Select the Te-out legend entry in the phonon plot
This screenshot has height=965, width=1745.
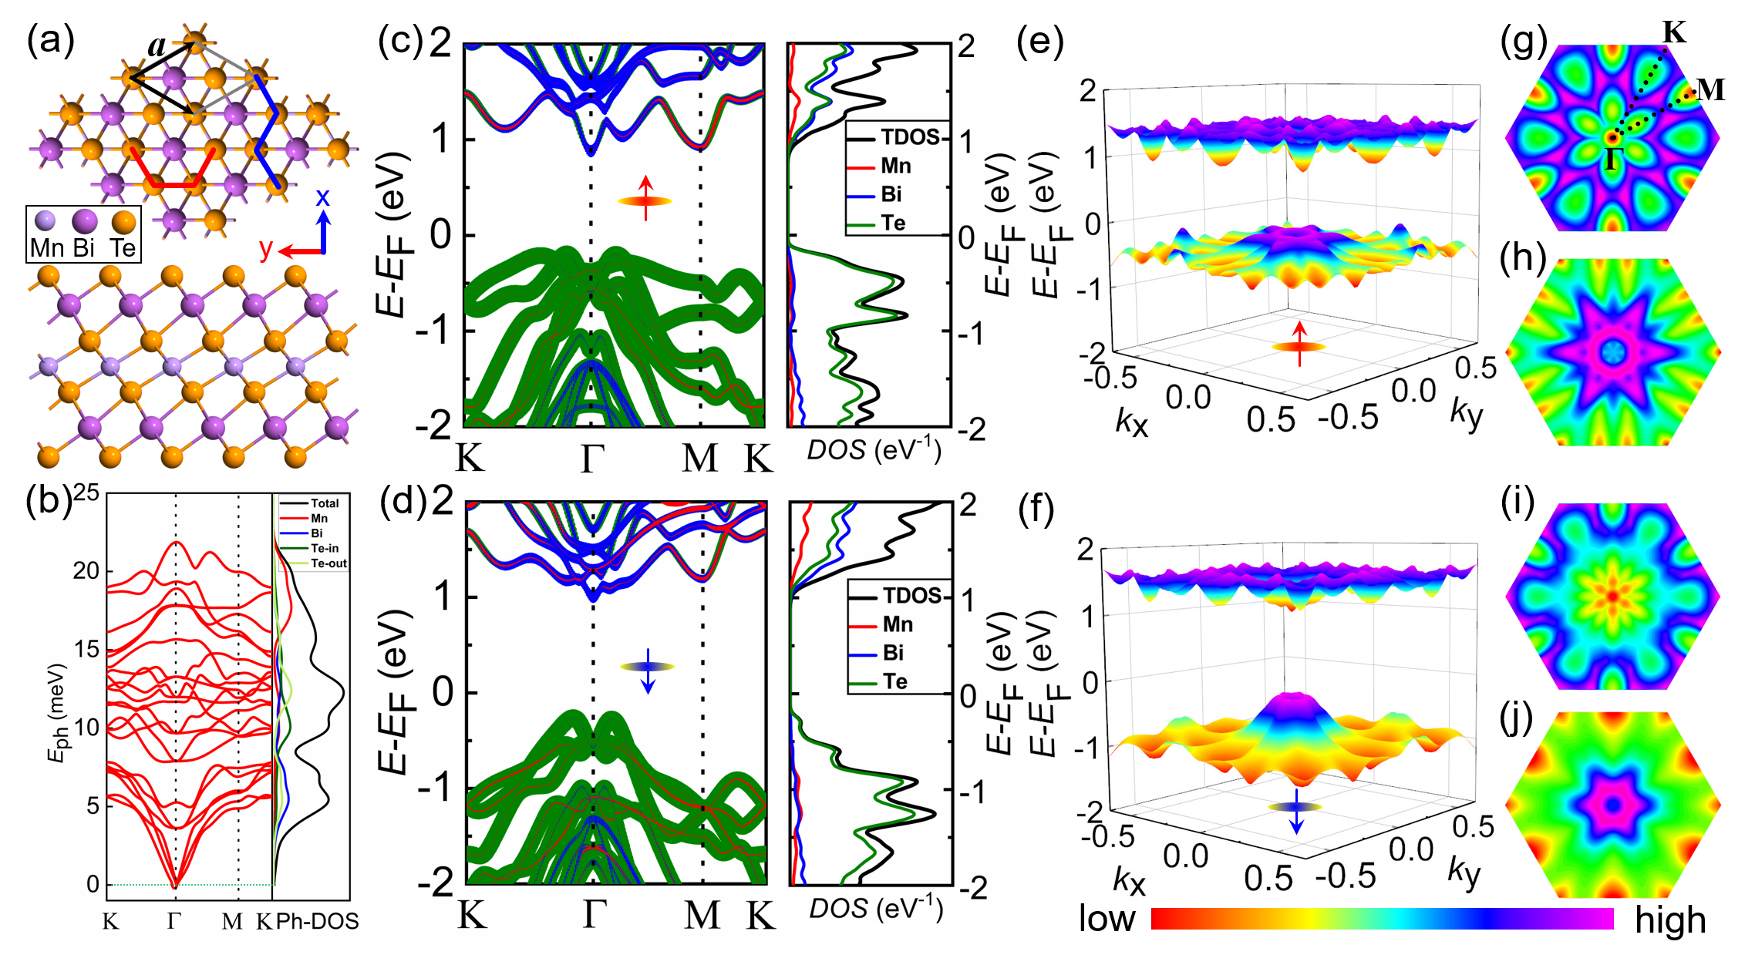328,563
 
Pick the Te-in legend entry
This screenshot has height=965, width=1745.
325,548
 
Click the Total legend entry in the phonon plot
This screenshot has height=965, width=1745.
325,503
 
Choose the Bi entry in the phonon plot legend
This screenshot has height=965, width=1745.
317,533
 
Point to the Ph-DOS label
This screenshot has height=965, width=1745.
317,921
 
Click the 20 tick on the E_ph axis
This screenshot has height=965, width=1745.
86,571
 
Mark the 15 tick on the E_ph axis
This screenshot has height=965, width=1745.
86,649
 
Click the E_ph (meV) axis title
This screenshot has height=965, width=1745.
58,713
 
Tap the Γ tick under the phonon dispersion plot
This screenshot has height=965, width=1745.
174,921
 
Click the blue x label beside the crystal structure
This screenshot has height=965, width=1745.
322,198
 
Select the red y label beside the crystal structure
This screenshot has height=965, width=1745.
266,249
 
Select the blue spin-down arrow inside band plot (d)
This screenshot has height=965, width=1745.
648,671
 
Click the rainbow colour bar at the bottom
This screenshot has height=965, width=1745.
1382,918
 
